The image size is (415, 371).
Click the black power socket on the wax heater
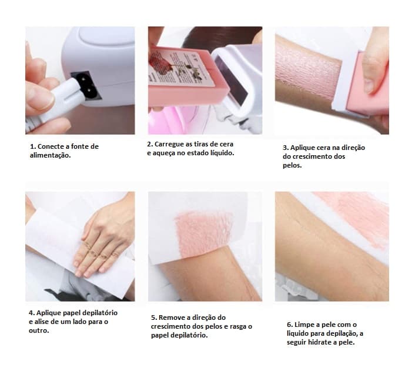[x=86, y=85]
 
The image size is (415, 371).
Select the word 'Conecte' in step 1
[x=51, y=146]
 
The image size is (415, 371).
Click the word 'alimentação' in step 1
[x=51, y=155]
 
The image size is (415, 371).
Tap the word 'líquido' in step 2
[x=222, y=153]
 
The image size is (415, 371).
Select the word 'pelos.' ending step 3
[x=292, y=165]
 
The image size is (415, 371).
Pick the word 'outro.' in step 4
[x=39, y=331]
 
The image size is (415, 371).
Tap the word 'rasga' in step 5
[x=238, y=326]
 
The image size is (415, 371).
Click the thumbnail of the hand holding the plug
[x=39, y=99]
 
